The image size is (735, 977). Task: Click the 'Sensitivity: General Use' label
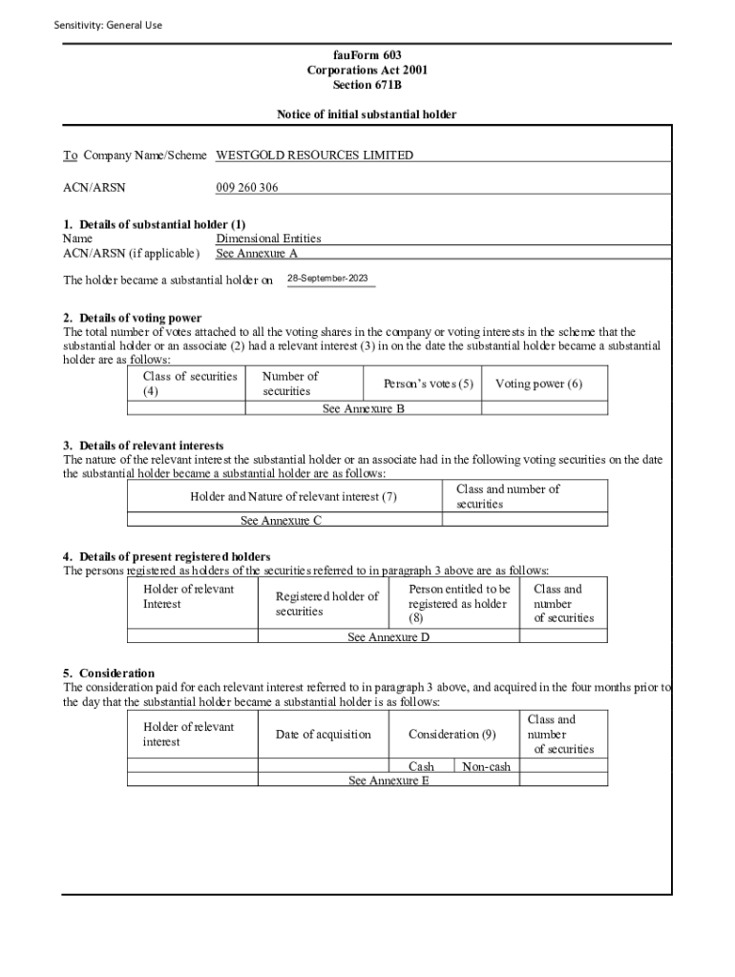point(108,25)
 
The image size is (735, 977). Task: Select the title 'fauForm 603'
point(367,55)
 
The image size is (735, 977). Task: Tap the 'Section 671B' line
point(367,85)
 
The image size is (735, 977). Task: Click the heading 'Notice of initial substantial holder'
point(367,114)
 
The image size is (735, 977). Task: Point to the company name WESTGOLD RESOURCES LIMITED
point(315,155)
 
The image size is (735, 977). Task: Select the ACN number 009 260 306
point(247,187)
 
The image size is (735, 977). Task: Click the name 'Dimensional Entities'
point(268,239)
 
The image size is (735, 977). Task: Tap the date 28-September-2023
point(327,279)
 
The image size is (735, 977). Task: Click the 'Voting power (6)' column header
point(538,384)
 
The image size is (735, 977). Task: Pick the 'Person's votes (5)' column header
point(428,384)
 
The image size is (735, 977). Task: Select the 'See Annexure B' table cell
point(363,408)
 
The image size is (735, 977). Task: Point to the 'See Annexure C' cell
point(281,521)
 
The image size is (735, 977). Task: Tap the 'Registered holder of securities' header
point(326,604)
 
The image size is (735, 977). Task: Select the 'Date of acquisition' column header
point(323,735)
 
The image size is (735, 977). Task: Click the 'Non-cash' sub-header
point(486,767)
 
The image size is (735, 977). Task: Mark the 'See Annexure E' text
point(388,780)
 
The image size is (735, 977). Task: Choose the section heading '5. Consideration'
point(109,673)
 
